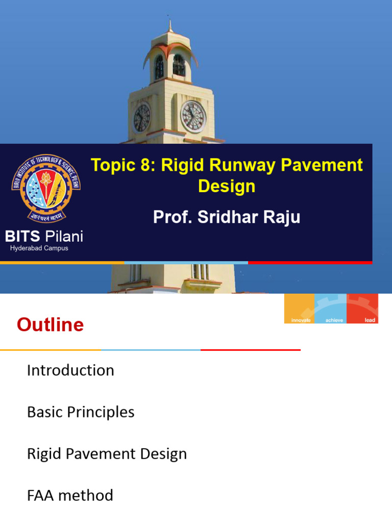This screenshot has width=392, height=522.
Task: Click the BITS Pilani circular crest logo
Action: coord(46,188)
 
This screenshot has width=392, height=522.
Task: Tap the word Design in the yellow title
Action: coord(227,187)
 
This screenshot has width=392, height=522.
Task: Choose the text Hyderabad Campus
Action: coord(39,248)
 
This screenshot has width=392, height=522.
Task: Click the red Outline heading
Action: coord(50,325)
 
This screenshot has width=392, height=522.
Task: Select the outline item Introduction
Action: coord(70,370)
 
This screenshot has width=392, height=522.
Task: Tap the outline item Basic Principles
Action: coord(81,412)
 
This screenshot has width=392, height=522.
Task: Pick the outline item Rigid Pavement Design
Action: coord(107,454)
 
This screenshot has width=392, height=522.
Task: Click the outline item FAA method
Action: coord(70,495)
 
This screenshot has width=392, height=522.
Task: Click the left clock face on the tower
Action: coord(141,118)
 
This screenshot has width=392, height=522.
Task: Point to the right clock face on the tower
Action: coord(193,117)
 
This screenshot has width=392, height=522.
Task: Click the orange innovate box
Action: coord(299,308)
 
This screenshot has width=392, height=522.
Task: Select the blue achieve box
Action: coord(330,308)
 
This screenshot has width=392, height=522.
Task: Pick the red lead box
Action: coord(362,308)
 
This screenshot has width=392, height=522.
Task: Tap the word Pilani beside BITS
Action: coord(64,237)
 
